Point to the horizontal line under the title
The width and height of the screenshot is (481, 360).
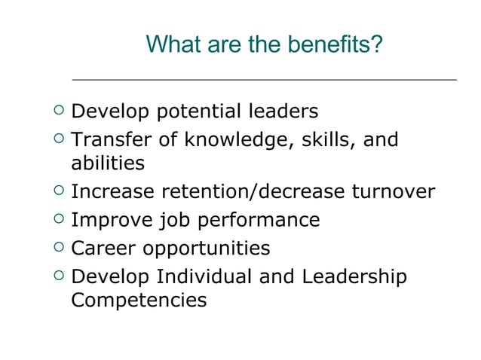264,78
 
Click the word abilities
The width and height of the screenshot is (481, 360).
107,163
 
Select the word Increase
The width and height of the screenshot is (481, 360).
112,192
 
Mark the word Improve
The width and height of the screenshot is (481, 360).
110,221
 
